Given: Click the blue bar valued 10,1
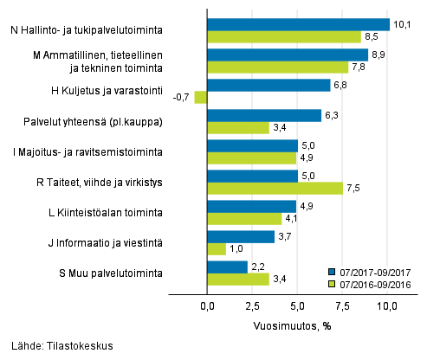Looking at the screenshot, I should tap(298, 24).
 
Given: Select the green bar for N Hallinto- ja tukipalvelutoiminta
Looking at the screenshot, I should tap(284, 36).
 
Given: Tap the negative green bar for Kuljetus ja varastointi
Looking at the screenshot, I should tap(201, 98).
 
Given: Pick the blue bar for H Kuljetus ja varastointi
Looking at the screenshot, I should tap(268, 85).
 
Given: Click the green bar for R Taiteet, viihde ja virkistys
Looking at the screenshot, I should tap(275, 188).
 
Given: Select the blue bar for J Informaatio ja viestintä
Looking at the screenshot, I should tap(241, 236).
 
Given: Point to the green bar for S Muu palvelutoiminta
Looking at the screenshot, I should tap(238, 279).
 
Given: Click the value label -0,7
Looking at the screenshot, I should tap(182, 98).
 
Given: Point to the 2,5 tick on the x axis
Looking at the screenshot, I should tap(252, 305).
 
